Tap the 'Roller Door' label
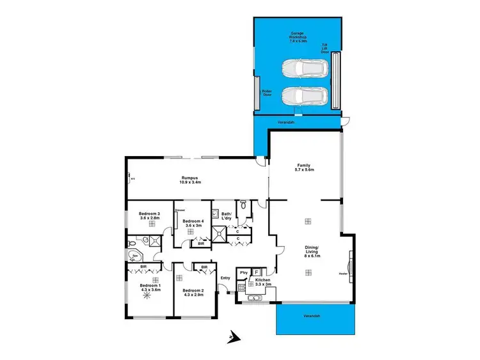[x=266, y=93]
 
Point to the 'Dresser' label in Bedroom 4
[x=180, y=210]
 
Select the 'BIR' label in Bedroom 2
[x=204, y=267]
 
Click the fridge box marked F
[x=257, y=272]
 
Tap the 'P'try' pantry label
[x=243, y=273]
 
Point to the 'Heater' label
[x=343, y=275]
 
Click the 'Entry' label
[x=225, y=278]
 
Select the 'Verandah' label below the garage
[x=285, y=123]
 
